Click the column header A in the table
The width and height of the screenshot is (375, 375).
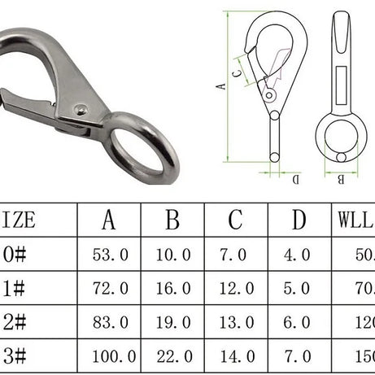[x=108, y=220]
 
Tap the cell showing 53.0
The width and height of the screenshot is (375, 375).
[x=108, y=255]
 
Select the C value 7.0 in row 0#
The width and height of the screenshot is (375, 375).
[x=235, y=255]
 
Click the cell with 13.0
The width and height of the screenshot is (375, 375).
[x=235, y=322]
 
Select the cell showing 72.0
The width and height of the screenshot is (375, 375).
[x=108, y=288]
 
